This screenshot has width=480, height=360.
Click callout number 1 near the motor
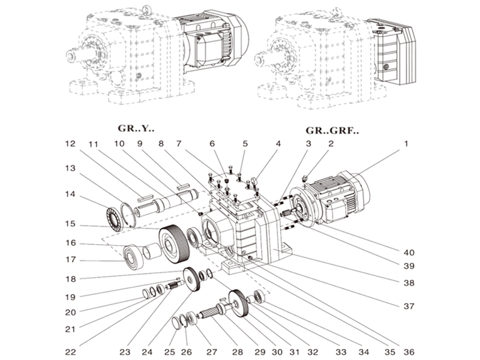pos(405,144)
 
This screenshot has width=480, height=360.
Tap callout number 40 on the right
pos(409,252)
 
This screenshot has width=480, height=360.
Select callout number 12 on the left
pos(71,144)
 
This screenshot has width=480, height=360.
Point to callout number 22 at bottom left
pos(71,351)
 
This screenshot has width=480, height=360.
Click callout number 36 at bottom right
pos(409,351)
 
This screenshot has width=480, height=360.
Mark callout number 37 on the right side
pos(409,306)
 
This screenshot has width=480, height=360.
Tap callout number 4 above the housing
pos(278,144)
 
